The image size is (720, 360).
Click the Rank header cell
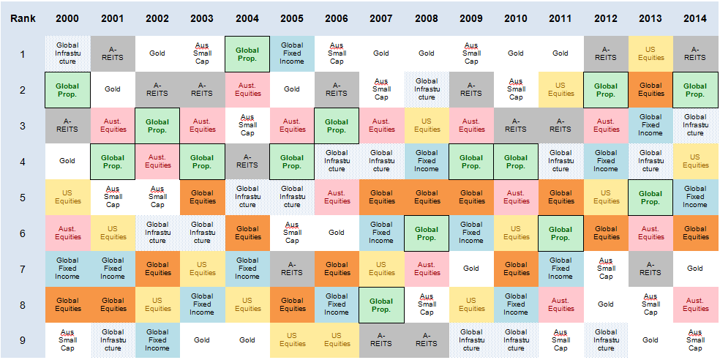(x=22, y=18)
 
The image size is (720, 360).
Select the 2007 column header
(x=381, y=18)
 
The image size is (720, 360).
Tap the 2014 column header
(x=694, y=18)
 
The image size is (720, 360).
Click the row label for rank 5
(x=22, y=197)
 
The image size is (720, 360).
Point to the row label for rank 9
(x=22, y=340)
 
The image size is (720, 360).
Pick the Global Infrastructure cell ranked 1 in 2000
(x=67, y=53)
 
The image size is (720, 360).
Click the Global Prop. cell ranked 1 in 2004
(x=247, y=53)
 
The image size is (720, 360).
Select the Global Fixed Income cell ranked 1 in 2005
(x=292, y=53)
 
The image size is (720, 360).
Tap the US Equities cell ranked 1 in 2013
(x=650, y=53)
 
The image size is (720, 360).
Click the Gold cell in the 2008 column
(x=426, y=53)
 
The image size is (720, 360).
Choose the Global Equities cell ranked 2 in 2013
(x=650, y=89)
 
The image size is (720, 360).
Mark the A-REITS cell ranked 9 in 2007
(x=381, y=340)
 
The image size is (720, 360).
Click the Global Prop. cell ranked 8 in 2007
(x=381, y=304)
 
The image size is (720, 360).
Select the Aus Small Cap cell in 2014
(x=694, y=340)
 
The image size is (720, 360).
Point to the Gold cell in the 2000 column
(x=67, y=161)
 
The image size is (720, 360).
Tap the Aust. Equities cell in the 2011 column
(x=560, y=304)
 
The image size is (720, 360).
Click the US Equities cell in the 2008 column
(x=426, y=125)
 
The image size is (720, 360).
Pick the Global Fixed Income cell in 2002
(x=157, y=340)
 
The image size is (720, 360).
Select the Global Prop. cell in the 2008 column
(x=426, y=233)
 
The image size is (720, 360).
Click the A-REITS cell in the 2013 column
(x=650, y=269)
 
